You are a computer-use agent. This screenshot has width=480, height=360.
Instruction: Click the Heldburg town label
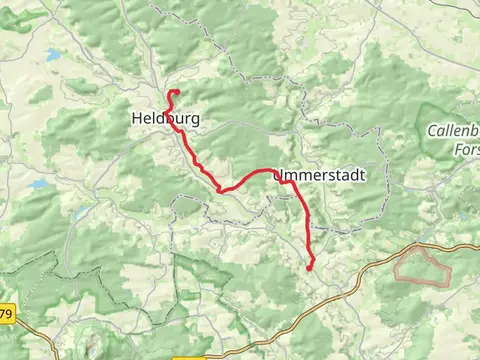pos(165,118)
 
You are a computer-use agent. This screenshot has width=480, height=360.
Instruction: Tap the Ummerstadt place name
pos(317,175)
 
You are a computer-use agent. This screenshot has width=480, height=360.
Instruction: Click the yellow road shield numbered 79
pos(7,314)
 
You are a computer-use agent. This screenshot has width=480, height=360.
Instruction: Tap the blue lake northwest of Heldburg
pos(51,56)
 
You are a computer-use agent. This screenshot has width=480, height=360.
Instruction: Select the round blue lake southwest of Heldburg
pos(39,185)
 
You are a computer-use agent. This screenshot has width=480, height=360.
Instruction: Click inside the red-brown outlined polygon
pos(419,268)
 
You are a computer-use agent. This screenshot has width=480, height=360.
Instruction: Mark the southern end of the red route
pos(310,267)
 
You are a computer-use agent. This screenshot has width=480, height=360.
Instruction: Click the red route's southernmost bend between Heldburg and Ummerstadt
pos(221,188)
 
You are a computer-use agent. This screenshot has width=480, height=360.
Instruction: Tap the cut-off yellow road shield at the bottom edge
pos(191,356)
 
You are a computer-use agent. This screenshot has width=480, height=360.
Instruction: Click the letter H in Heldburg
pos(137,118)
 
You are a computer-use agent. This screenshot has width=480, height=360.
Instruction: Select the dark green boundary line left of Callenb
pos(420,130)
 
